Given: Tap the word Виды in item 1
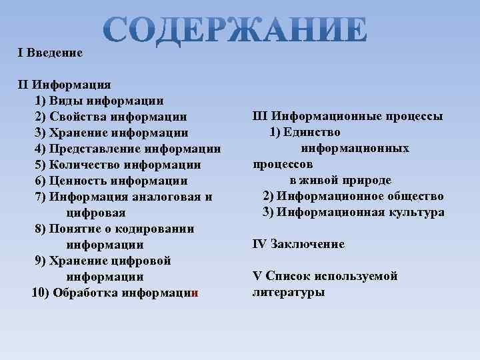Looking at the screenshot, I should pyautogui.click(x=75, y=101).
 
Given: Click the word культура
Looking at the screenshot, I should pyautogui.click(x=415, y=212).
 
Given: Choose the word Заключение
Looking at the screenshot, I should pyautogui.click(x=308, y=244).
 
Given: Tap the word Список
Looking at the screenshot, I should pyautogui.click(x=287, y=275).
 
